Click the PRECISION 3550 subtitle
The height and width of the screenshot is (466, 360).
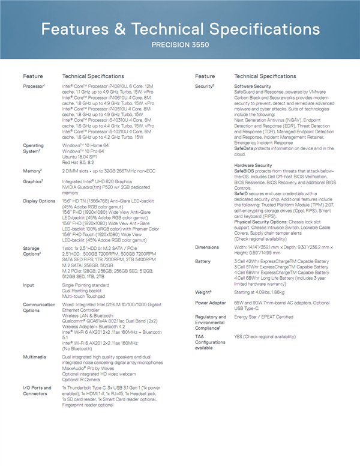coord(180,44)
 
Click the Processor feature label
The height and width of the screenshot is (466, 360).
coord(34,86)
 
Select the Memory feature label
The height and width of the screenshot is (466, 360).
coord(32,171)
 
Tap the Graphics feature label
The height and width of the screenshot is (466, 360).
coord(34,181)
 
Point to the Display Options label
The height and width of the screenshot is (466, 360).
coord(39,201)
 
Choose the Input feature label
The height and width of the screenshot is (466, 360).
coord(29,285)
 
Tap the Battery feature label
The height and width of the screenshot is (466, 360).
coord(203,261)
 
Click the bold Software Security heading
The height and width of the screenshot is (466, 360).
coord(253,86)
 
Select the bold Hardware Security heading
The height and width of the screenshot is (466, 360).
coord(253,165)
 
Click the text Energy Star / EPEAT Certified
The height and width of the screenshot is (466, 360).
coord(263,316)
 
